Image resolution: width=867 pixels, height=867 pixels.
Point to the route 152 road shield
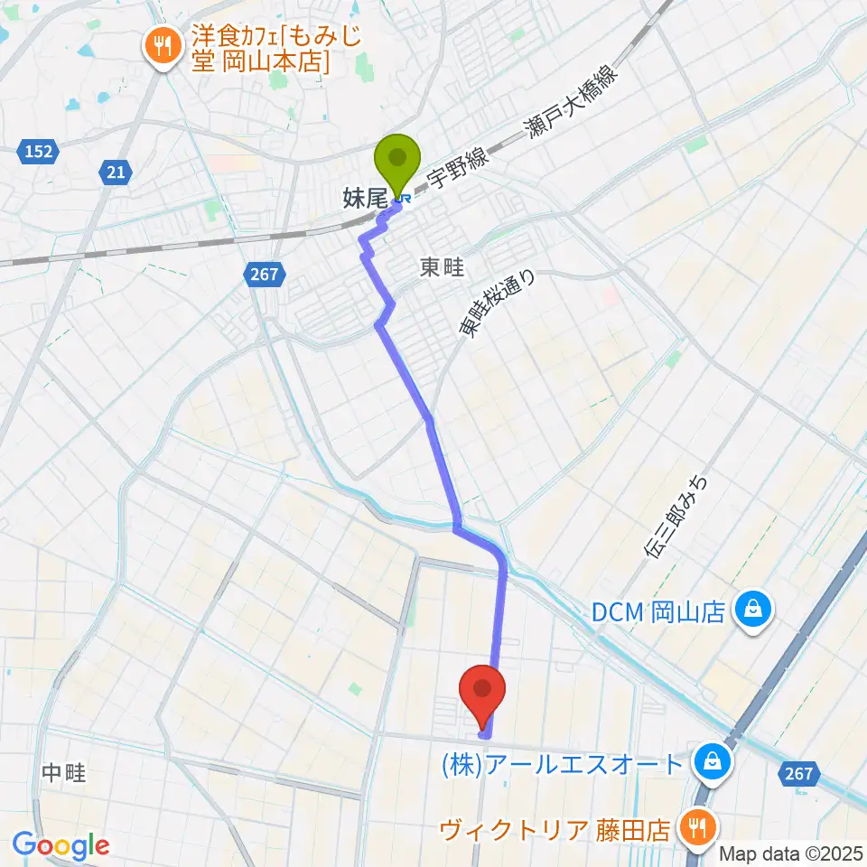click(37, 153)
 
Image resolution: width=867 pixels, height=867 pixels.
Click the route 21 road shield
click(117, 172)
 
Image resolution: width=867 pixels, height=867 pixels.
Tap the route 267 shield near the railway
click(265, 272)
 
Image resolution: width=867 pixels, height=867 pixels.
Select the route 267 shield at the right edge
click(797, 773)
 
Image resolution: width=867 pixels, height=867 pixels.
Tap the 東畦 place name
click(442, 268)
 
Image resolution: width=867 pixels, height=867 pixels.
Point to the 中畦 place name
click(63, 772)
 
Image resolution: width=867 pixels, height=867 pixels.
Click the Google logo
click(61, 845)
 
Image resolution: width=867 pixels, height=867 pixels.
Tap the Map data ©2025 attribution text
click(791, 853)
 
